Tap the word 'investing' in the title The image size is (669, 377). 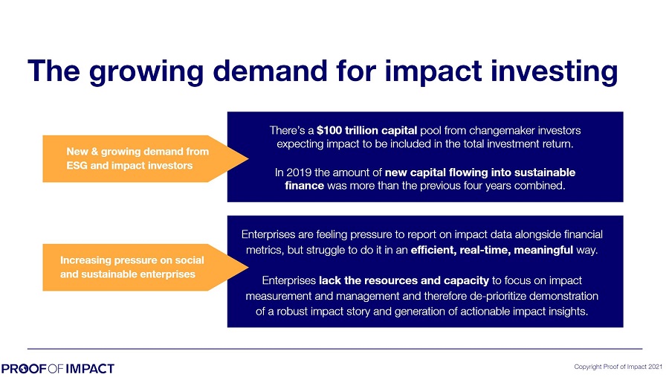555,72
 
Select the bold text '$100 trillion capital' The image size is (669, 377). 366,130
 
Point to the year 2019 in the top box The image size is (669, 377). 299,173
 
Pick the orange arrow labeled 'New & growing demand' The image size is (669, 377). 145,159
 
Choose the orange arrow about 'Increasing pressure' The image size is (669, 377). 145,267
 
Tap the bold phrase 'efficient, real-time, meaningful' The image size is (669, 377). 492,250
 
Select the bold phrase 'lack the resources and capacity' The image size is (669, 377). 404,280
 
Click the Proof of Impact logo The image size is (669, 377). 57,369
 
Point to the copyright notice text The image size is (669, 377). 618,367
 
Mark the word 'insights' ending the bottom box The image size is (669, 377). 569,312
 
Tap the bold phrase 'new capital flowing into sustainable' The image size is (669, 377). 480,173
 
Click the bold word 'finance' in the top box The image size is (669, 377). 304,186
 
